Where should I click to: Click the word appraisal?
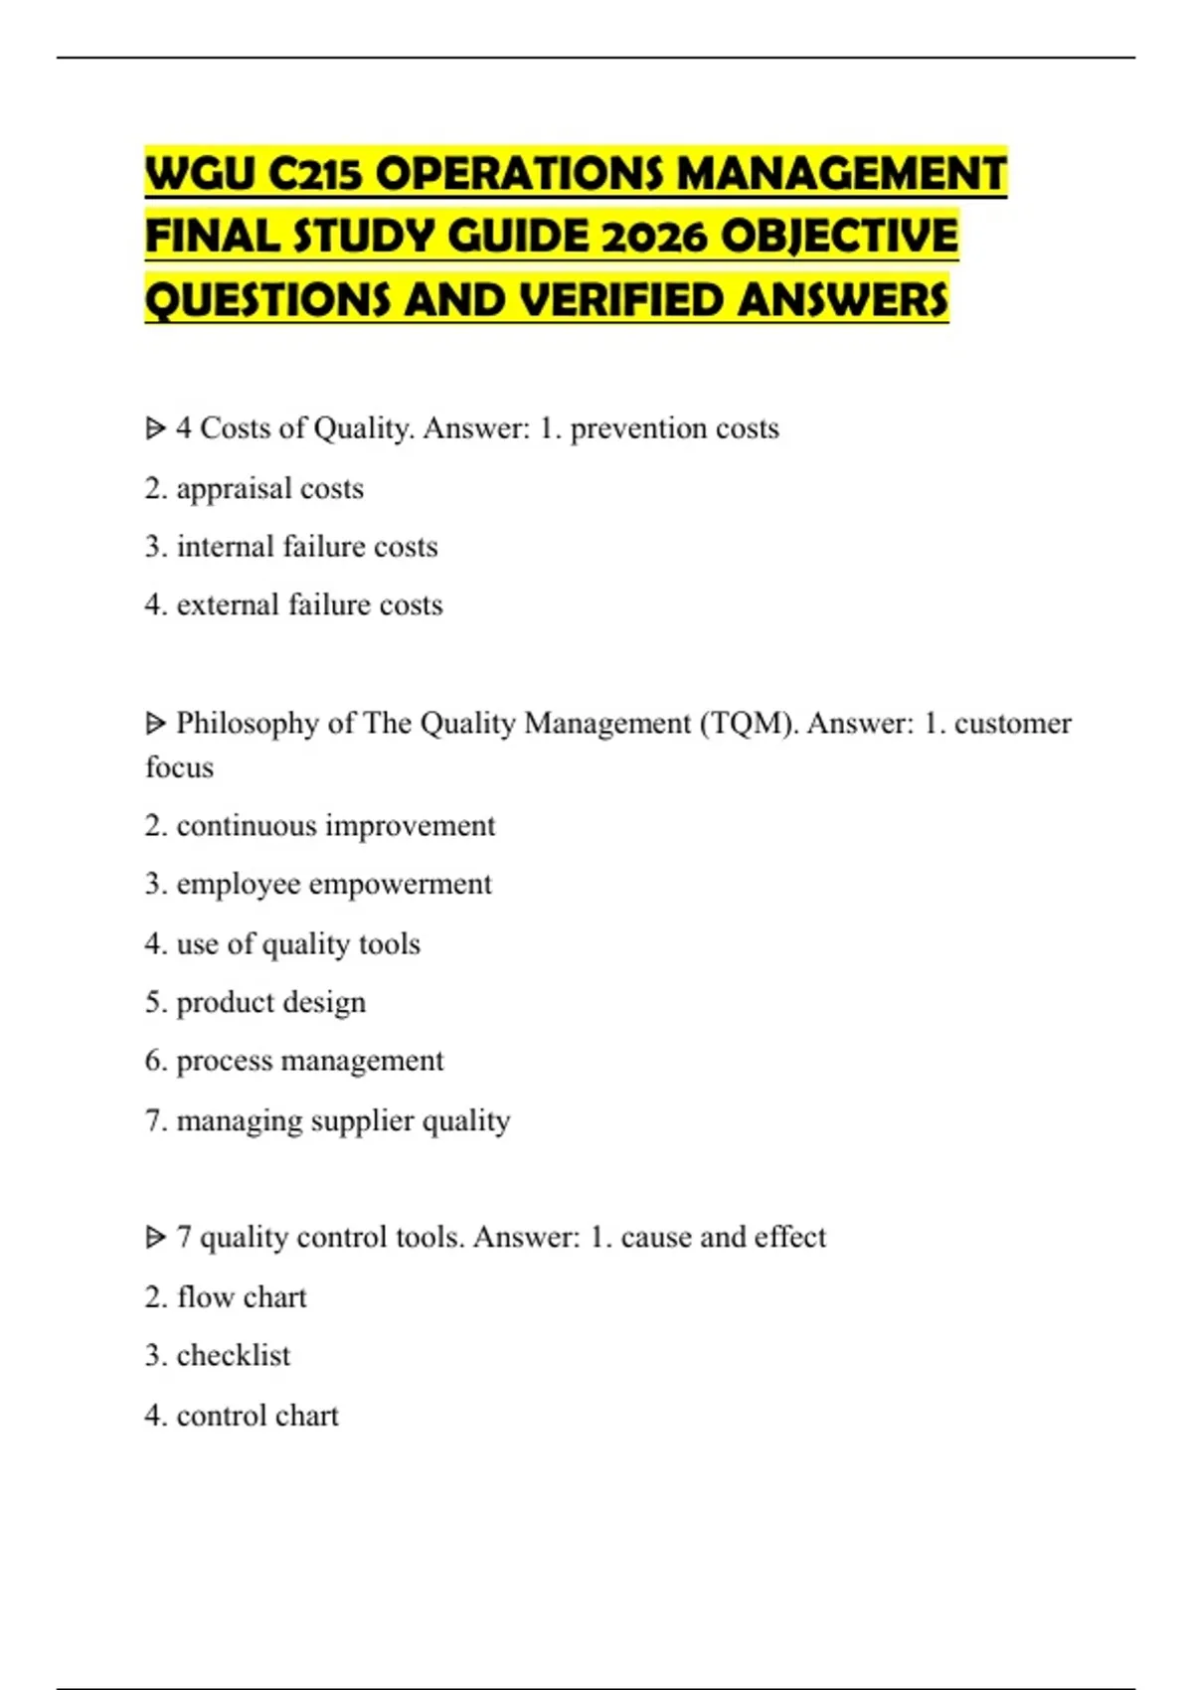coord(234,489)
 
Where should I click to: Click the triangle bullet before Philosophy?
coord(155,724)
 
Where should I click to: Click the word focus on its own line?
coord(179,767)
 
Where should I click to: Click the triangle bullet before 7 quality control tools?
coord(155,1238)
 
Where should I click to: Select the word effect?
coord(790,1237)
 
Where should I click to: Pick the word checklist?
coord(234,1355)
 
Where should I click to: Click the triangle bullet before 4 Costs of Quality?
coord(155,428)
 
